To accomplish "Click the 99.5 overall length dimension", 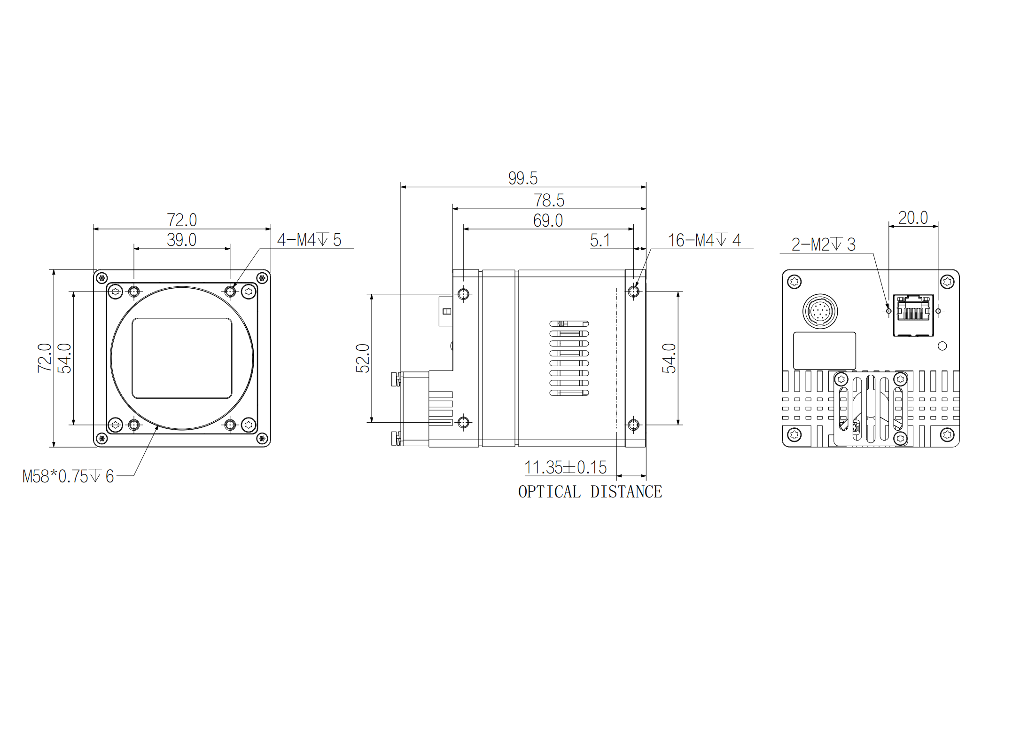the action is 522,178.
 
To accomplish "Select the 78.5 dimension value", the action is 549,200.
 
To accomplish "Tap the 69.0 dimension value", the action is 548,221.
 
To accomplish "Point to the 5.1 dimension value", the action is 600,240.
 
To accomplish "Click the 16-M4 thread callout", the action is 704,240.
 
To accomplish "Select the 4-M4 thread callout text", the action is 309,240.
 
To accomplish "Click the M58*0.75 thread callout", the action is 68,476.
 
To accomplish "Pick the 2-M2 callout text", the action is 823,244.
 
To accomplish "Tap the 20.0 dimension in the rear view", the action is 913,218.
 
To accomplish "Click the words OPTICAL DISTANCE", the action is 590,492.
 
